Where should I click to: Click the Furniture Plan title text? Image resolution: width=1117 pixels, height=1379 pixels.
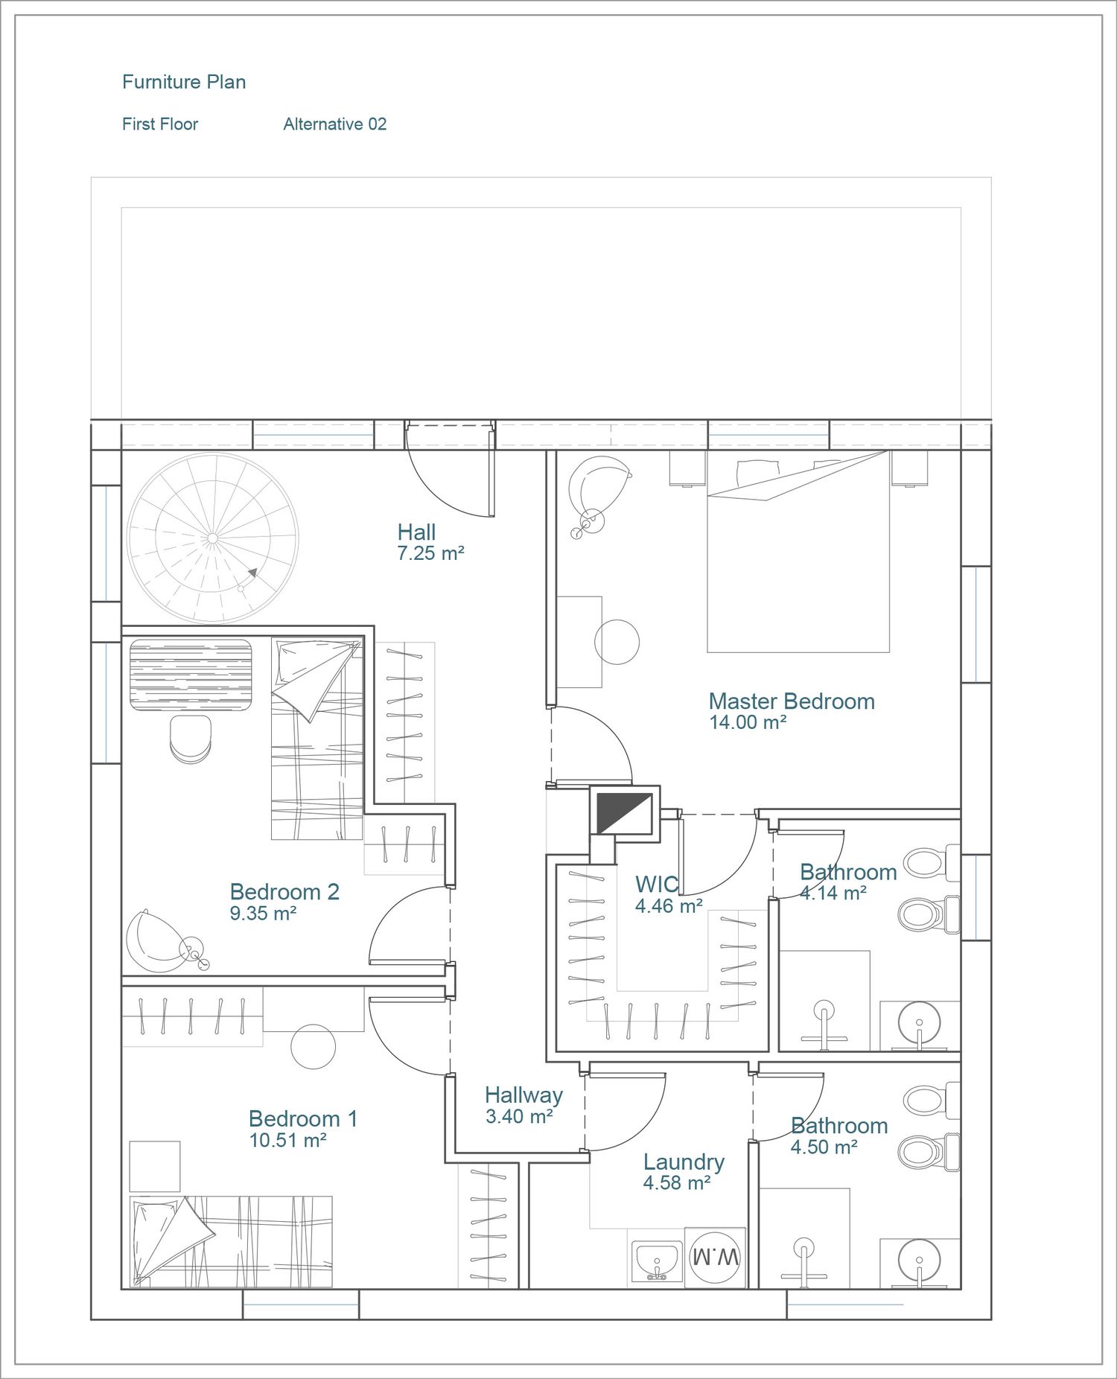tap(184, 82)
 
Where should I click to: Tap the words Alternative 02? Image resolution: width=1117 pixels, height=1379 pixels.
tap(335, 124)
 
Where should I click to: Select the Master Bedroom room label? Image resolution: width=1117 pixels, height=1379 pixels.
tap(792, 701)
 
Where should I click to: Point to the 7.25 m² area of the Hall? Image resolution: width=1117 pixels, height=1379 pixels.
tap(431, 553)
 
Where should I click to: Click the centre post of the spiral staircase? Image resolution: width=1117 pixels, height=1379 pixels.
tap(213, 538)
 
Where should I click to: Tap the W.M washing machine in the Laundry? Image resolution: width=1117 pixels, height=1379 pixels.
tap(715, 1258)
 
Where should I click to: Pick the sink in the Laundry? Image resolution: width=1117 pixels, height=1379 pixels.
tap(656, 1261)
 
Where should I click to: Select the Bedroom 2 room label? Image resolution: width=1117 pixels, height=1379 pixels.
tap(284, 892)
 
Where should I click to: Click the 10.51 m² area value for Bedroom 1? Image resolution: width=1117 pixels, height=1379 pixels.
tap(288, 1140)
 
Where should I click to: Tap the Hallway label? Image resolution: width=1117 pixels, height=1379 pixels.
tap(524, 1095)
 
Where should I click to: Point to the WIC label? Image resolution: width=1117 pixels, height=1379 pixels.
tap(656, 885)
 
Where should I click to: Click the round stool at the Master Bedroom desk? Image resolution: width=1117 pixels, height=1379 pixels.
tap(617, 642)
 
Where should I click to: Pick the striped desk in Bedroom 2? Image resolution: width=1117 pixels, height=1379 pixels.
tap(191, 675)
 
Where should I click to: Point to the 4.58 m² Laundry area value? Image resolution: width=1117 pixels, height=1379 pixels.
tap(677, 1182)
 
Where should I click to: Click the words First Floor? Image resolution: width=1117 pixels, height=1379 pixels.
tap(160, 124)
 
